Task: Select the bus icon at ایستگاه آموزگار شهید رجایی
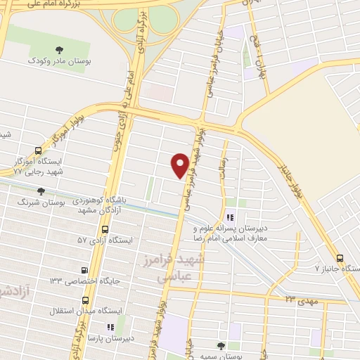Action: [37, 149]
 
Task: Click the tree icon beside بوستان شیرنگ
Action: [41, 191]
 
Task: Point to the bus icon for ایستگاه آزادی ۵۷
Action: [105, 229]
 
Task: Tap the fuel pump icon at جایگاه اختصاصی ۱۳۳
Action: [85, 269]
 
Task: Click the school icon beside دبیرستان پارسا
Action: [109, 327]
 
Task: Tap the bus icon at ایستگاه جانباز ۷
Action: [340, 258]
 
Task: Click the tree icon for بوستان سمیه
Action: [221, 345]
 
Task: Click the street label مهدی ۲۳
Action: [302, 300]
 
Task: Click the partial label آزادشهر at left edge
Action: [10, 289]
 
